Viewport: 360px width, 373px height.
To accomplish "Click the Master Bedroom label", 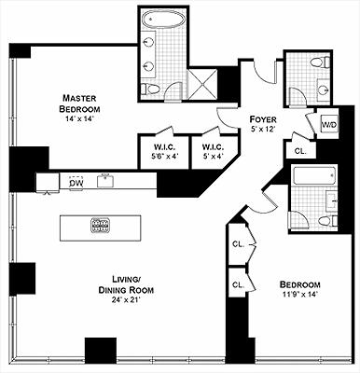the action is tap(80, 104).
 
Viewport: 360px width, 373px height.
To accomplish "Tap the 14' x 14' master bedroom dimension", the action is tap(80, 118).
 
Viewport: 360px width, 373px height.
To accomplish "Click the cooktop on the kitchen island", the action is tap(101, 226).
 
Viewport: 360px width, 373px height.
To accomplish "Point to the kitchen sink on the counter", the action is tap(106, 181).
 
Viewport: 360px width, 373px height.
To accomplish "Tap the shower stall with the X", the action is tap(202, 84).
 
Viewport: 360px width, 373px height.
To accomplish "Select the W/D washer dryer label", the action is tap(329, 125).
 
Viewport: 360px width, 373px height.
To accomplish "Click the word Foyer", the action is tap(263, 119).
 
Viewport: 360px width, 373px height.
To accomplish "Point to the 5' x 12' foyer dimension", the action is tap(263, 129).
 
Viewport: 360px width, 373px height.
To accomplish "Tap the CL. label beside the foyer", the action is tap(300, 151).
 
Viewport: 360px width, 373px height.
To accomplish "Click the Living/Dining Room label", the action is tap(126, 284).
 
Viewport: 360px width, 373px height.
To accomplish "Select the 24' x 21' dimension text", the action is tap(126, 300).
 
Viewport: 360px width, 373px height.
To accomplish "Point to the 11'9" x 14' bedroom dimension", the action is tap(299, 294).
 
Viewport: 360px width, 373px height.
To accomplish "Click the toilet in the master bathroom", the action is tap(150, 89).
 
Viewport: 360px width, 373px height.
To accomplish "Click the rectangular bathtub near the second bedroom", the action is tap(314, 175).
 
